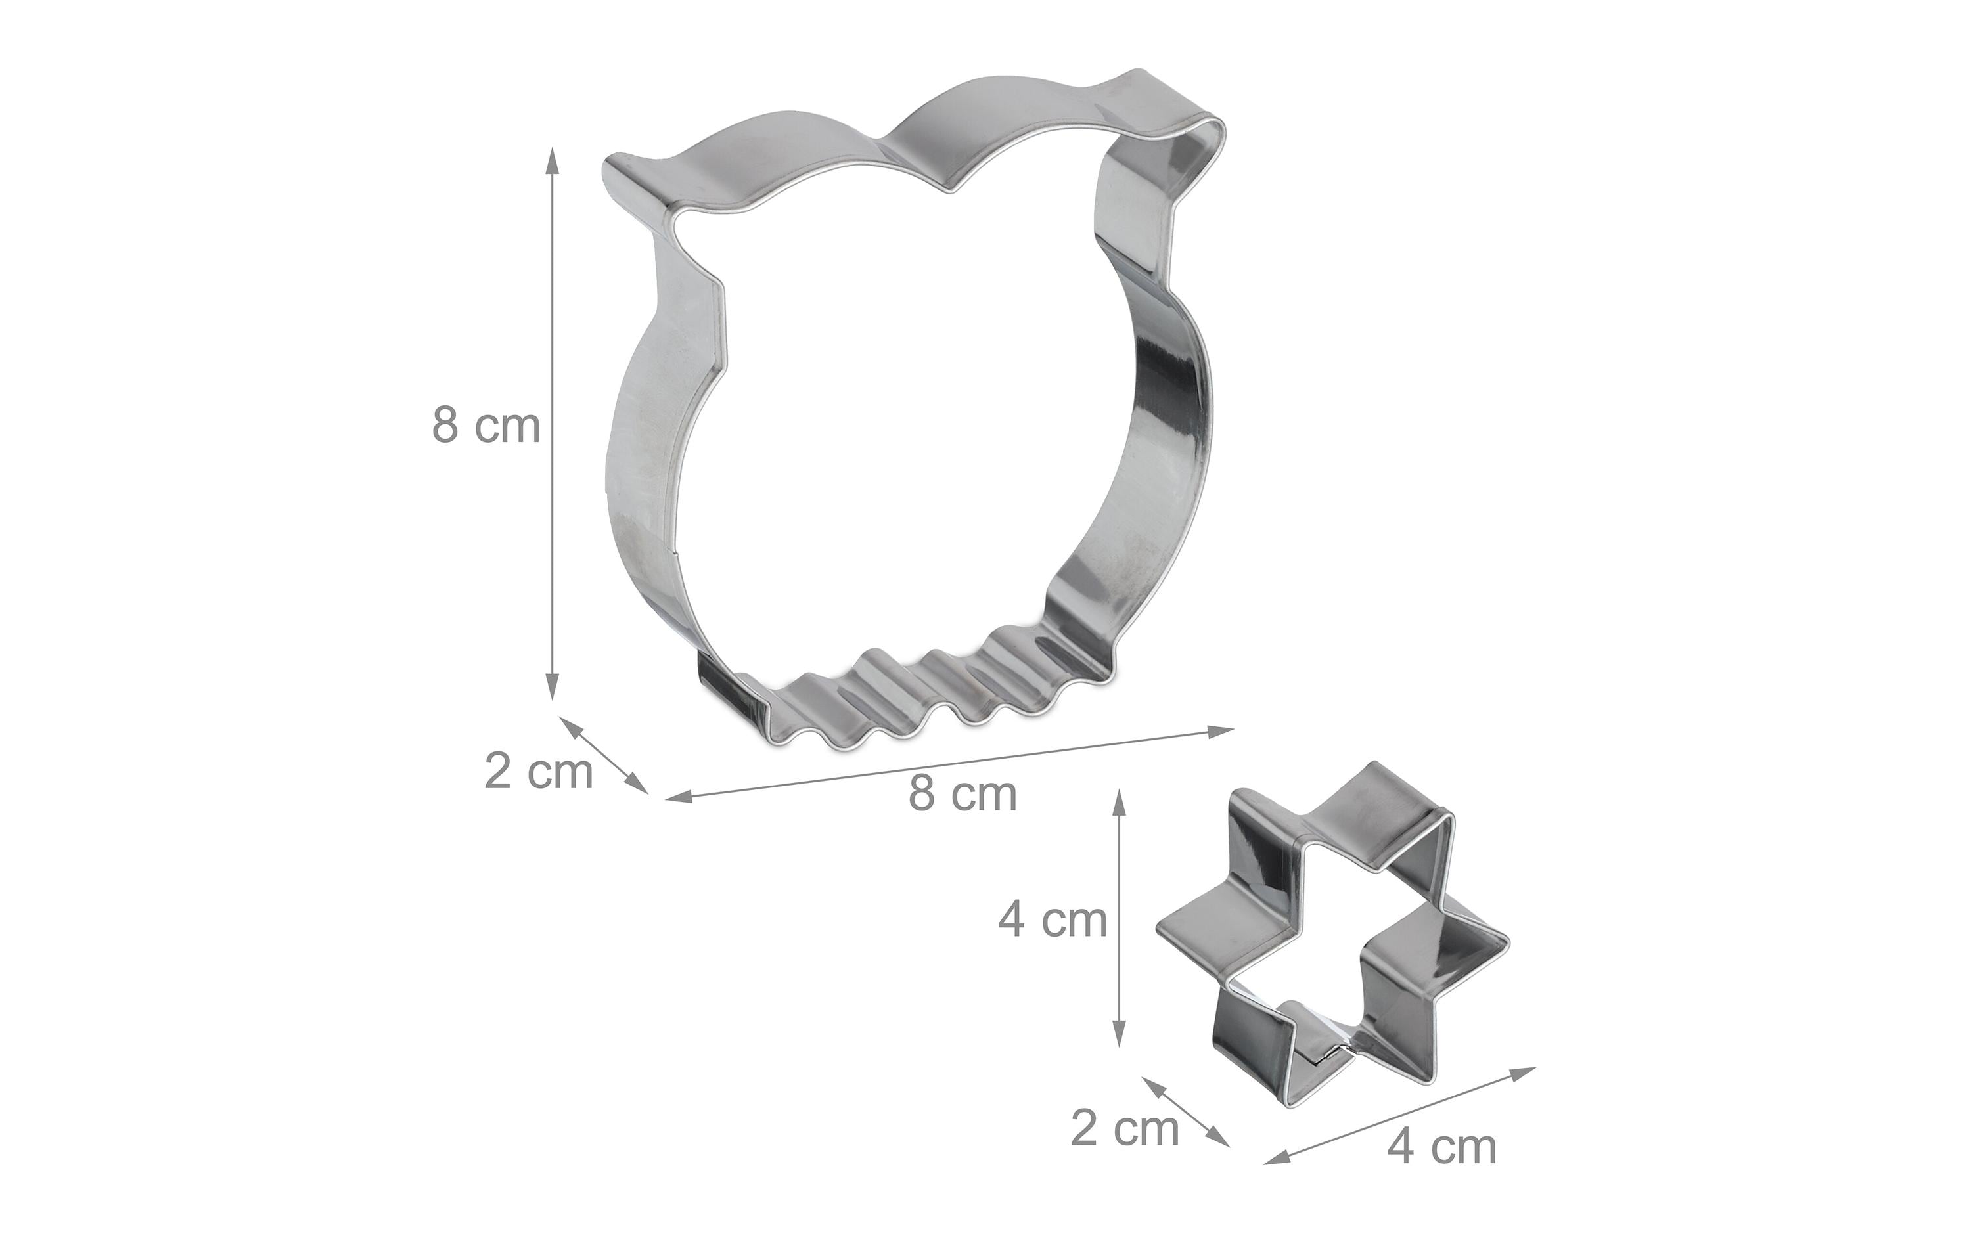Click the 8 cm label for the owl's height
[486, 426]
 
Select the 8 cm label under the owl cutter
[963, 793]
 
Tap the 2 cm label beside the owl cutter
[539, 771]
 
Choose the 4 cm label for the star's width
[1442, 1147]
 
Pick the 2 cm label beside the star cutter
[1125, 1129]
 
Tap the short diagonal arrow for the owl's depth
[604, 755]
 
